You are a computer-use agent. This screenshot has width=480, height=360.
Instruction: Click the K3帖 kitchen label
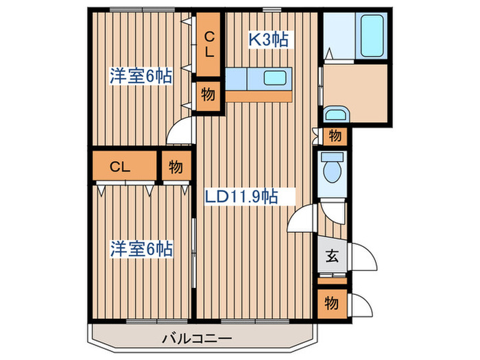tap(268, 40)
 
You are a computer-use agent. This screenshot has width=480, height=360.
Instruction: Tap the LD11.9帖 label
tap(241, 196)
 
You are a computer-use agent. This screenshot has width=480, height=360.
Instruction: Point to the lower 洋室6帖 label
tap(141, 249)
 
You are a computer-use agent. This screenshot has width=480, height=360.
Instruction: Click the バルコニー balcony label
tap(197, 339)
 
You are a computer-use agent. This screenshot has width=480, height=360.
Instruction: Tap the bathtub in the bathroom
tap(372, 36)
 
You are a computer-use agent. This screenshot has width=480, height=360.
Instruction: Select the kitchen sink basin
tap(275, 78)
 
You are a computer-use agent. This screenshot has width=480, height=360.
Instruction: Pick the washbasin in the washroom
tap(335, 115)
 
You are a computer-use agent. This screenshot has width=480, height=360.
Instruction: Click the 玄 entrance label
tap(332, 256)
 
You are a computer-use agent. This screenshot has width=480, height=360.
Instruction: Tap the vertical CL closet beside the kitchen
tap(208, 45)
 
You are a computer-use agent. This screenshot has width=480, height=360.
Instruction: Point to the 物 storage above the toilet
tap(335, 136)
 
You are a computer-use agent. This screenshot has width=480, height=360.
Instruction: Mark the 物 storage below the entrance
tap(332, 303)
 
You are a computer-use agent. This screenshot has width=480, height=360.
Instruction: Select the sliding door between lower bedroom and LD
tap(193, 253)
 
